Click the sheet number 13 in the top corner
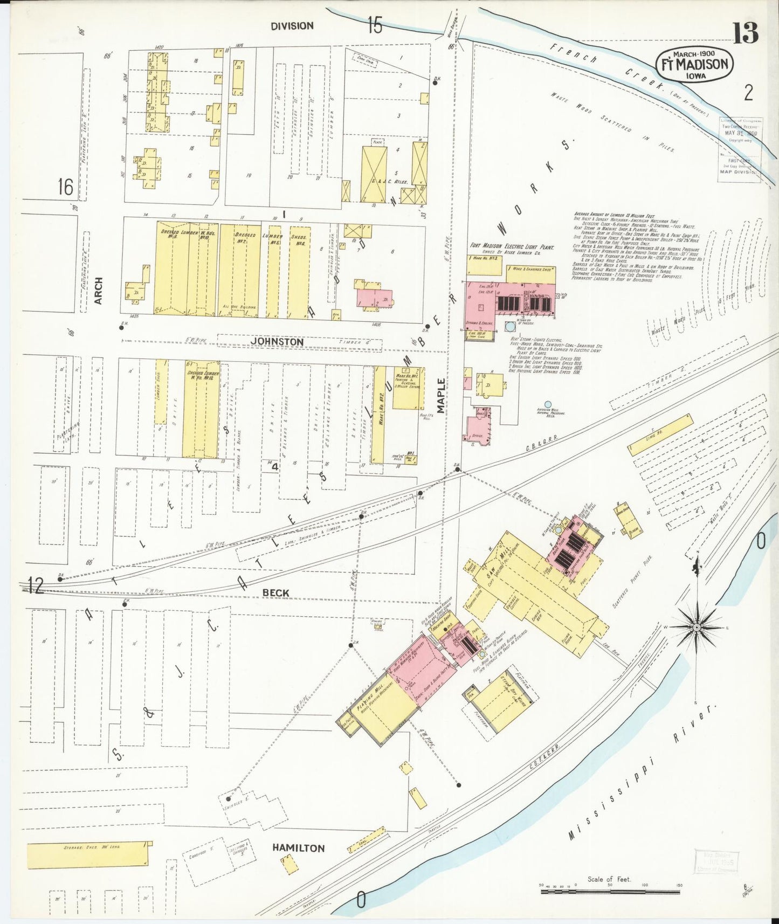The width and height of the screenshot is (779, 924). click(745, 33)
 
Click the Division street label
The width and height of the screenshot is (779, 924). click(292, 26)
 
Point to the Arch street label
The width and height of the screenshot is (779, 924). click(98, 291)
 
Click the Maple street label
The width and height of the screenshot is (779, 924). click(442, 395)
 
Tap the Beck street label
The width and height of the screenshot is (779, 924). click(275, 592)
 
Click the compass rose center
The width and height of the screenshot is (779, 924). click(697, 628)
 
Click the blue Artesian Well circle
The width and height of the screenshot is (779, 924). click(548, 404)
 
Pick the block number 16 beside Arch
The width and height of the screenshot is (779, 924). click(65, 187)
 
